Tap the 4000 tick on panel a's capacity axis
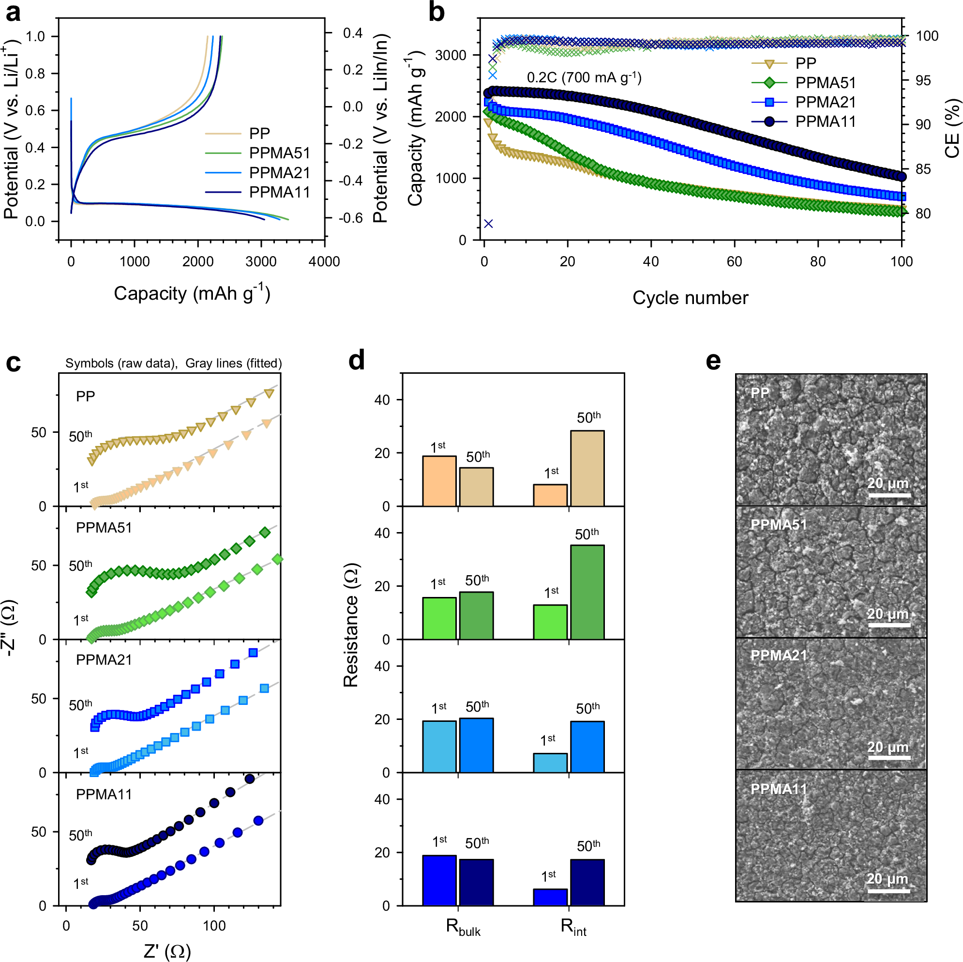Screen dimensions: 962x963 coord(325,261)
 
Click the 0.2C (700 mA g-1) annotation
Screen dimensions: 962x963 coord(584,77)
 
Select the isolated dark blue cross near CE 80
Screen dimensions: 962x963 coord(488,223)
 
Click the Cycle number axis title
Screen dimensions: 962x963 coord(690,298)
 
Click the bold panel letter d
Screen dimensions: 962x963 coord(356,360)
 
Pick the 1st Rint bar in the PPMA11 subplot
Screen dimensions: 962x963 coord(550,897)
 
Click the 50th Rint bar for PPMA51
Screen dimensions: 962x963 coord(587,592)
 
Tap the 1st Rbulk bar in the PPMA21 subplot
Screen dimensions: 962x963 coord(439,747)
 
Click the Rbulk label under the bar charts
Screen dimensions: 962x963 coord(463,927)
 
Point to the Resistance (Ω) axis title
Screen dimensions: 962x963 coord(351,626)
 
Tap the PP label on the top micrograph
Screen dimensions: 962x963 coord(760,393)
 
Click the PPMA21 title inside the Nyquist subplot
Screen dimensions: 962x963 coord(104,660)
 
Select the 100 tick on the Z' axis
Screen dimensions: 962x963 coord(214,926)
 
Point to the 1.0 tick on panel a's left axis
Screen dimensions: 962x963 coord(35,36)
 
